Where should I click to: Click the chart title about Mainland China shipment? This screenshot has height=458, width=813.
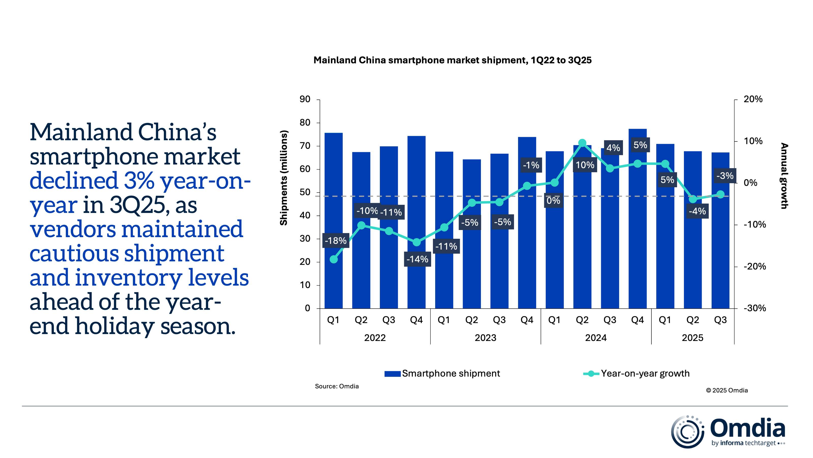pos(452,60)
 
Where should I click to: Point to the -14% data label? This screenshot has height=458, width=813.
pos(417,259)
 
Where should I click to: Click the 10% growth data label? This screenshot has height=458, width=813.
pos(585,165)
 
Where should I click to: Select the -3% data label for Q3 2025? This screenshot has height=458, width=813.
pos(725,176)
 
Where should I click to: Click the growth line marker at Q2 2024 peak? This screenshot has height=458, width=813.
pos(582,143)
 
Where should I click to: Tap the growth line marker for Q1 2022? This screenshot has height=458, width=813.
pos(334,259)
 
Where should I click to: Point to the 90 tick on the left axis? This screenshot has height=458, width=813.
pos(305,99)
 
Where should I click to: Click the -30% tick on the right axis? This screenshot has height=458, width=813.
pos(755,308)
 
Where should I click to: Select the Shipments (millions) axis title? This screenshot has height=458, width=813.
pos(284,178)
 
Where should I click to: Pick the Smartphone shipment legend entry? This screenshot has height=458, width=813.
pos(442,374)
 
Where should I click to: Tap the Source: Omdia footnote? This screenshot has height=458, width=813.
pos(337,386)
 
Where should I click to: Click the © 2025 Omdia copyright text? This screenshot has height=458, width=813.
pos(727,390)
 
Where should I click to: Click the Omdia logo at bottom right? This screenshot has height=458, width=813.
pos(728,432)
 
